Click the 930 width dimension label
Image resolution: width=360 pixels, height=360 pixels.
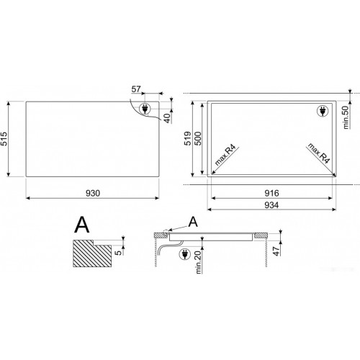pyautogui.click(x=93, y=193)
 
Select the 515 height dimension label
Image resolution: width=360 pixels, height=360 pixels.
pyautogui.click(x=4, y=139)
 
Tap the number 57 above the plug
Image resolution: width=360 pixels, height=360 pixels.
pyautogui.click(x=136, y=89)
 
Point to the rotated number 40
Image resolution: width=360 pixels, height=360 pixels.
pyautogui.click(x=167, y=118)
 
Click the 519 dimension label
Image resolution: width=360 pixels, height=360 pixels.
pyautogui.click(x=188, y=138)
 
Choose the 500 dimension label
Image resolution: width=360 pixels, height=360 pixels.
pyautogui.click(x=197, y=138)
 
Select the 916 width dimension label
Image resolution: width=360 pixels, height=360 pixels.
pyautogui.click(x=271, y=193)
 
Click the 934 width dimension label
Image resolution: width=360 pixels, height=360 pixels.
pyautogui.click(x=271, y=205)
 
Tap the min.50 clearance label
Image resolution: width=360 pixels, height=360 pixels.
pyautogui.click(x=346, y=117)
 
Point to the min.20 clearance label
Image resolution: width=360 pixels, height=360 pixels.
pyautogui.click(x=198, y=261)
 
